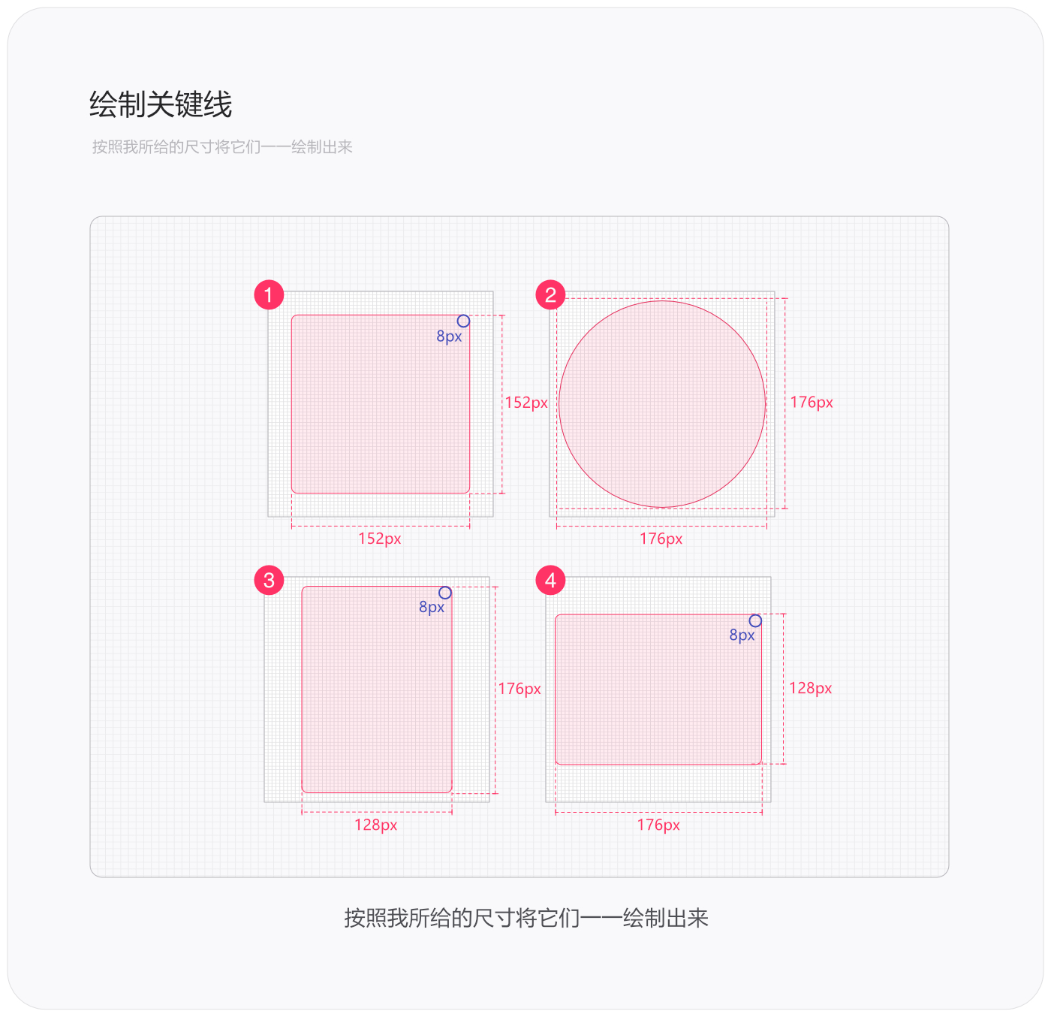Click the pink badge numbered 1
pos(269,294)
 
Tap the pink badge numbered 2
pos(550,294)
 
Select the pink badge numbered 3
pos(269,580)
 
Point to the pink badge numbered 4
pos(550,580)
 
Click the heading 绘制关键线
pos(161,104)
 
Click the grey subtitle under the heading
pos(222,146)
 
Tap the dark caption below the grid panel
pos(526,918)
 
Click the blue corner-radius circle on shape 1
pos(463,321)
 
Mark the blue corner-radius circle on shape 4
pos(755,620)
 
